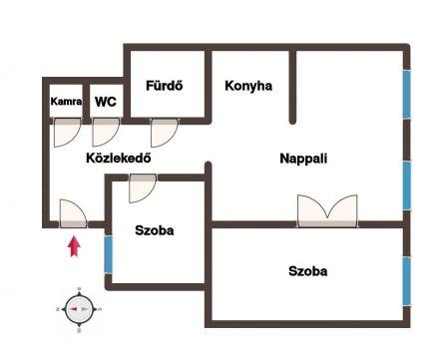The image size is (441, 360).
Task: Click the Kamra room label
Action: point(66,101)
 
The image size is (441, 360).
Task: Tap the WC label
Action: point(106,102)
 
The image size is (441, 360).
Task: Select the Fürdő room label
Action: point(165,86)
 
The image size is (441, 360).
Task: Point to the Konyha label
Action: point(248,86)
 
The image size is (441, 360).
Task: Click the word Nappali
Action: point(303,159)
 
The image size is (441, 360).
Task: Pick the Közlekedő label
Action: point(119,158)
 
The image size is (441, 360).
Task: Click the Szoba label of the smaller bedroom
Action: point(155,230)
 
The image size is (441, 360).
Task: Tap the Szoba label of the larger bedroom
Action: point(307,271)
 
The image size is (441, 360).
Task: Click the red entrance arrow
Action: point(74,246)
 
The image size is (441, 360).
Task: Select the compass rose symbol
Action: point(79,309)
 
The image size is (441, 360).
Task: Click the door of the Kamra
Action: point(67,132)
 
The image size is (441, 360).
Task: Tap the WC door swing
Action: point(106,132)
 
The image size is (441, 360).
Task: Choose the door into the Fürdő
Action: point(165,133)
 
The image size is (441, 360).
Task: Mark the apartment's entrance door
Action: point(73,213)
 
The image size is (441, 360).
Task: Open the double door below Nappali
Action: point(327,211)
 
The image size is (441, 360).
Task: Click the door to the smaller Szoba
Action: point(143,188)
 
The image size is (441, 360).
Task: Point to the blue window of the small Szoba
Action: point(109,254)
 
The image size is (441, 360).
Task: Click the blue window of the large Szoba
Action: point(406,281)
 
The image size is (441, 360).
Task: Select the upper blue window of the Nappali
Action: point(407,95)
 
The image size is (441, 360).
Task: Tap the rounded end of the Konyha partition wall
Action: point(292,121)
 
